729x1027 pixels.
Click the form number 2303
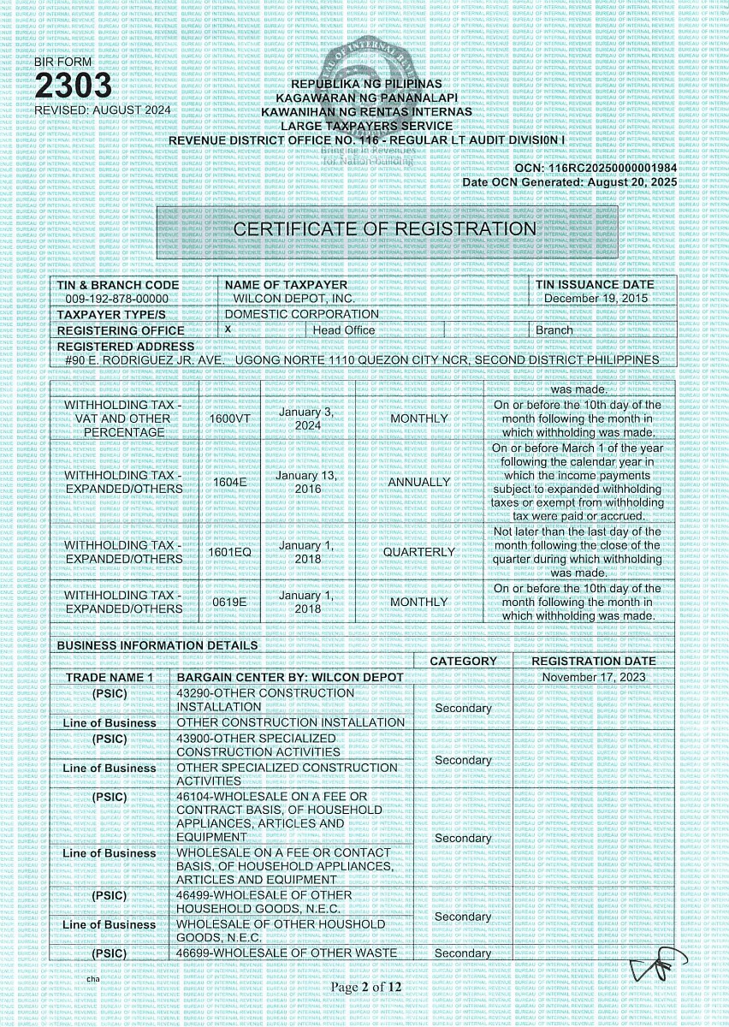click(x=74, y=86)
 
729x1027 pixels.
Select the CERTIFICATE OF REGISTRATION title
click(x=385, y=229)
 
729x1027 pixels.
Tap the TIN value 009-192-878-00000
click(x=117, y=299)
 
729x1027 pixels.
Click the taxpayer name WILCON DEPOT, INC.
click(x=294, y=299)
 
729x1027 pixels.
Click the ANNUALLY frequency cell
click(x=418, y=482)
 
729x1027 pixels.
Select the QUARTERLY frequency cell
click(x=418, y=552)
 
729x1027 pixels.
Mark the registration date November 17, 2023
click(x=594, y=677)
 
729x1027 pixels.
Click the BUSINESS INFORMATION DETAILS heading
click(x=157, y=645)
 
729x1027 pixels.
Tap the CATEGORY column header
click(x=463, y=661)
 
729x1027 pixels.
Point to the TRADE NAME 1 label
click(x=109, y=677)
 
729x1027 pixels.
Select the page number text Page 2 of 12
click(x=366, y=987)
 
